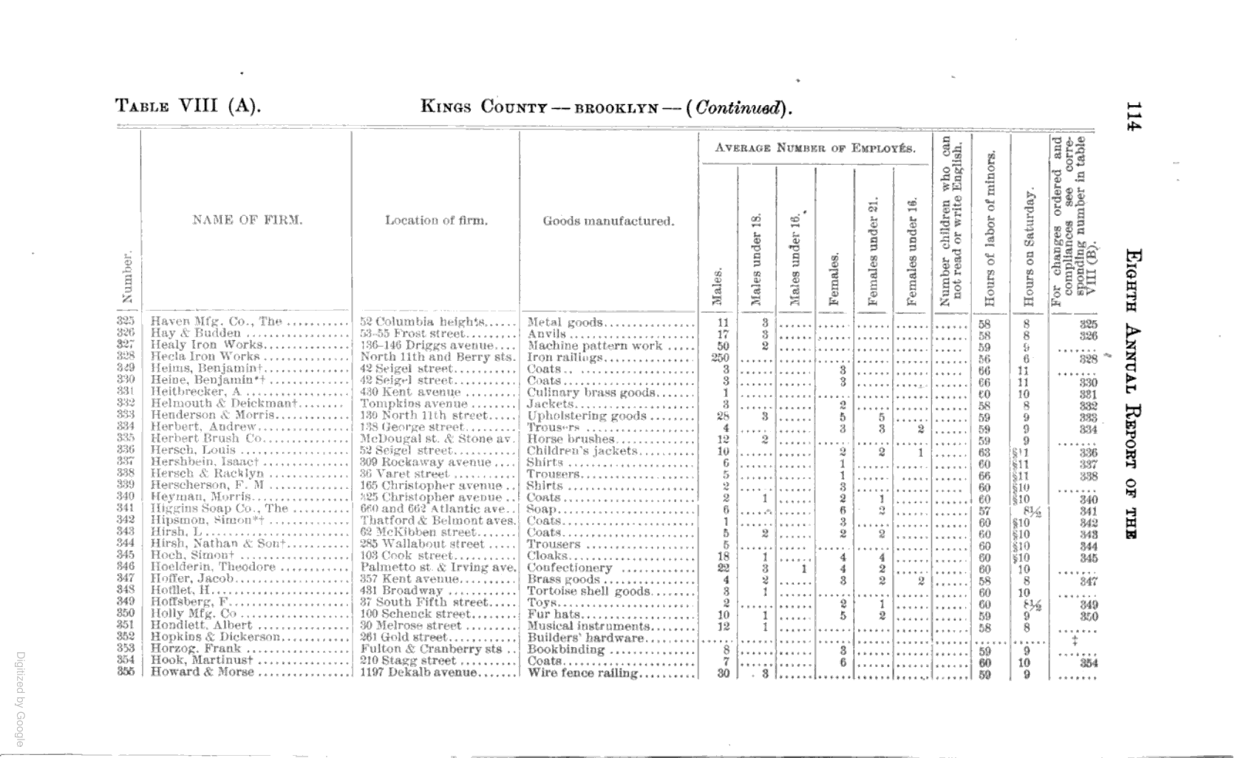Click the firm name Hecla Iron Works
tap(205, 356)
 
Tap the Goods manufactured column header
tap(608, 220)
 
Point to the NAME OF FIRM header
tap(247, 220)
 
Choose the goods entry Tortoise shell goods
tap(588, 591)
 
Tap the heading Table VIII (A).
tap(188, 106)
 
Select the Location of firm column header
tap(436, 220)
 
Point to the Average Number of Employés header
tap(814, 148)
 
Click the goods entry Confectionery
tap(569, 568)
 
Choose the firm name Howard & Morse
tap(202, 672)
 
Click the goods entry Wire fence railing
tap(582, 673)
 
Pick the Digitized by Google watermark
tap(20, 699)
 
